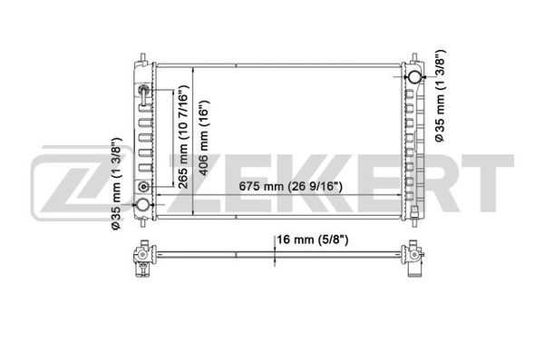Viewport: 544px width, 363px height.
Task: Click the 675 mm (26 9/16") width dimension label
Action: (290, 187)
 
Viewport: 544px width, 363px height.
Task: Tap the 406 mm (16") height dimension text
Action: (203, 138)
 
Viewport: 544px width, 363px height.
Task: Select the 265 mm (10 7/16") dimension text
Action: (182, 136)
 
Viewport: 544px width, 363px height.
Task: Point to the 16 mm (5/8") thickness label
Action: (312, 240)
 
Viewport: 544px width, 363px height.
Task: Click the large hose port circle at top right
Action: (414, 77)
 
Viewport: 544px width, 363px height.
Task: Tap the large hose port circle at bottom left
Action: (142, 204)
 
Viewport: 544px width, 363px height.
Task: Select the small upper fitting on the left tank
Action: (143, 91)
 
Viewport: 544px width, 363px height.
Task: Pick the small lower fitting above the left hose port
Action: (143, 187)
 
